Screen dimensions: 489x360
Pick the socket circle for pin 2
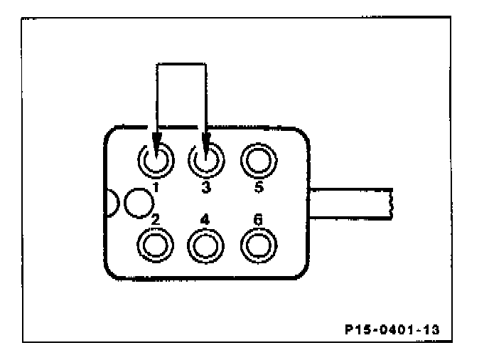(154, 245)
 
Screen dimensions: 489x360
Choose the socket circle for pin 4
(205, 245)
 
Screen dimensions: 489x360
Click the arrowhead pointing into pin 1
(156, 142)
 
